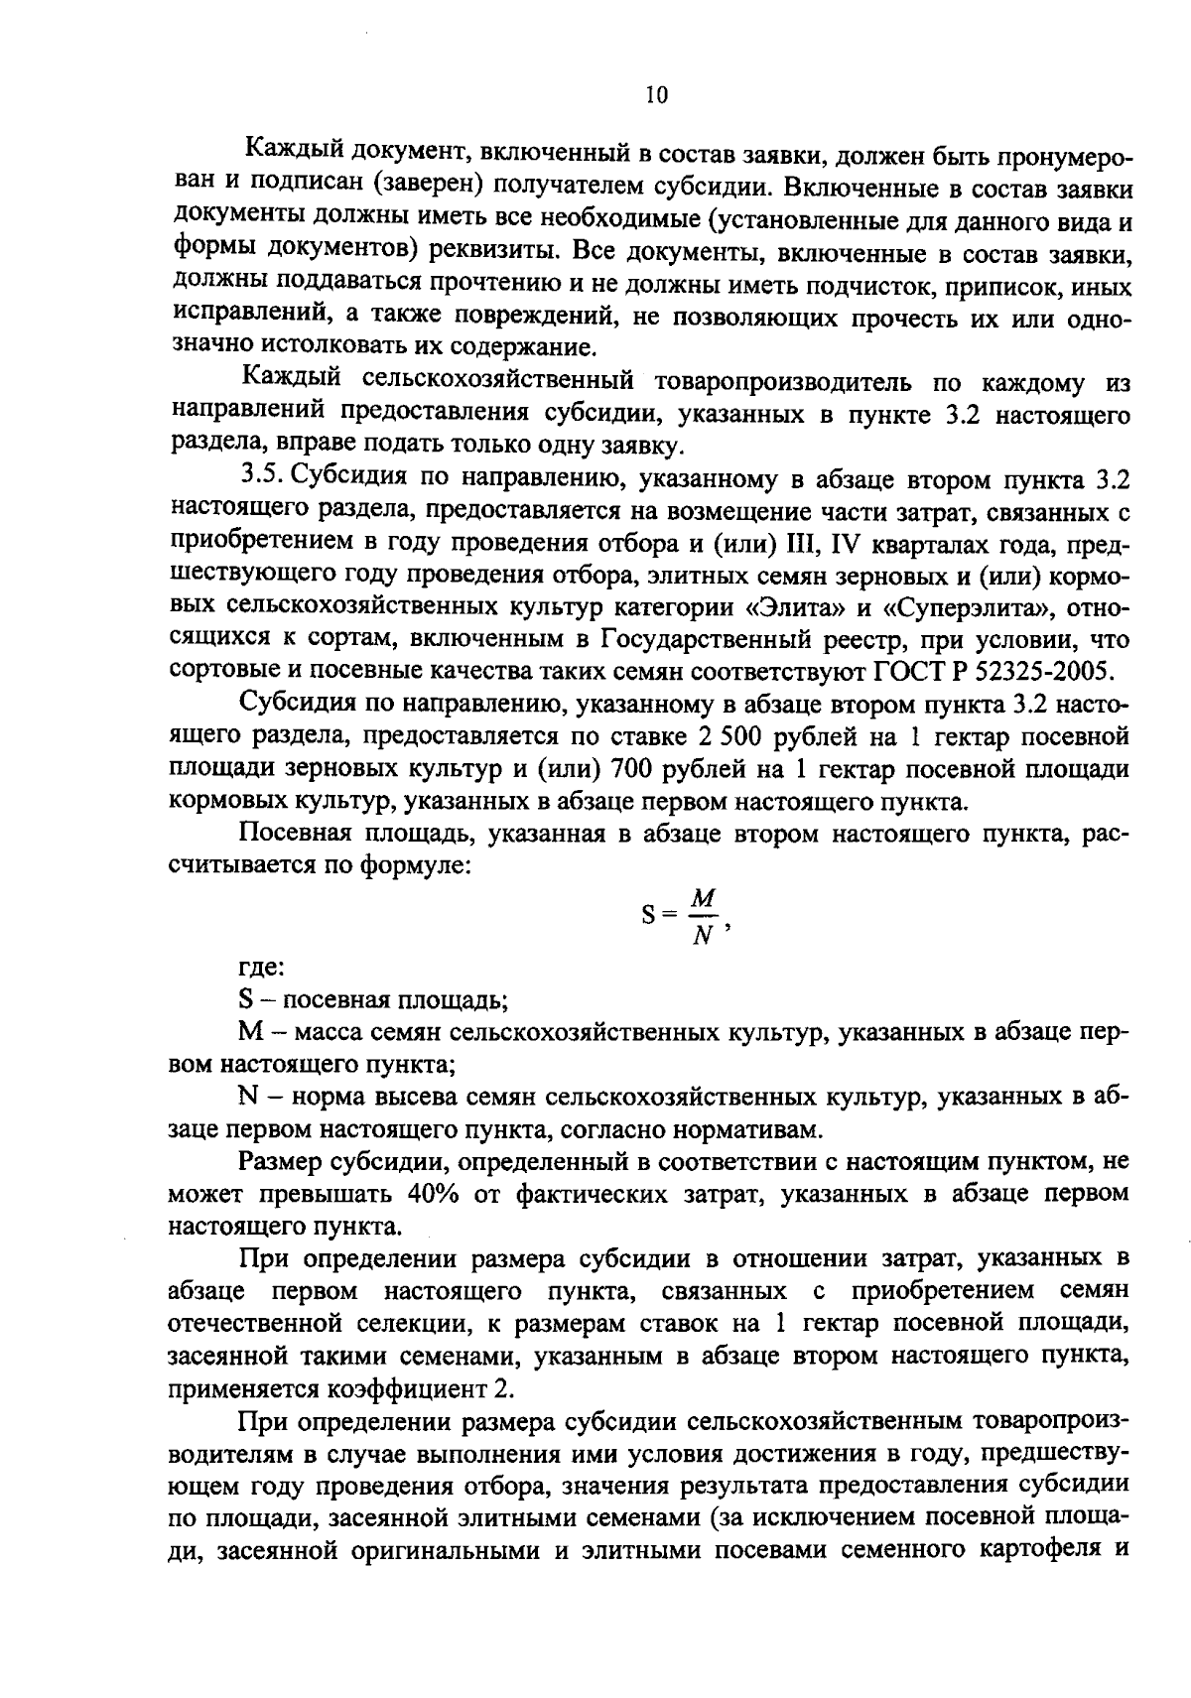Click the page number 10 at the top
(x=656, y=95)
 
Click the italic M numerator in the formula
(x=703, y=898)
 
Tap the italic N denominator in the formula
(x=703, y=936)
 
